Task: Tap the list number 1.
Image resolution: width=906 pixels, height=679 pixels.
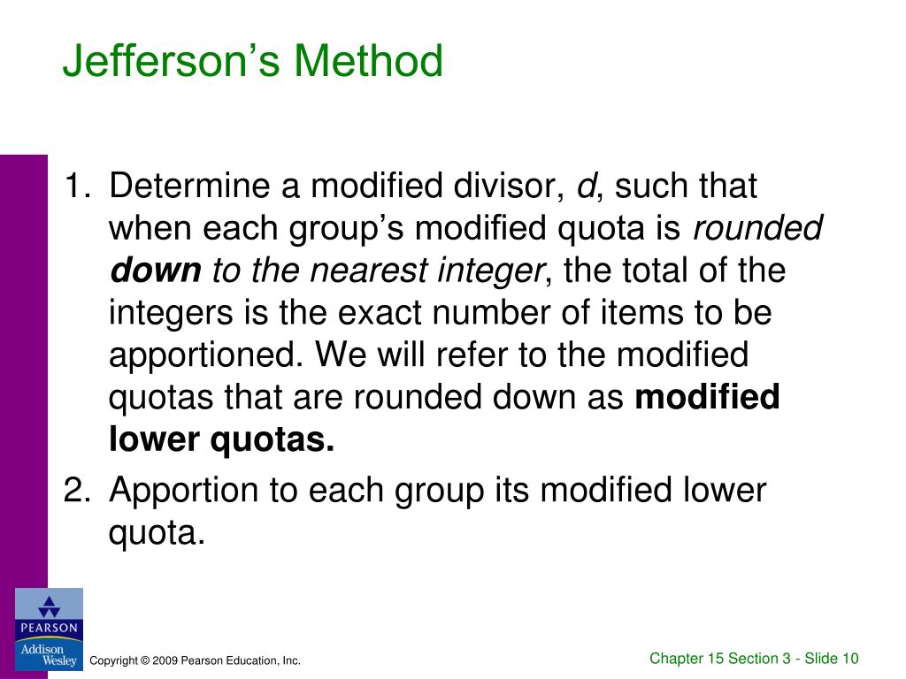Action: [74, 187]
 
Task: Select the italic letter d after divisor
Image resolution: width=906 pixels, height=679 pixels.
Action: [585, 187]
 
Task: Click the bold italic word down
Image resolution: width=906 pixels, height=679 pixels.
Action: [156, 271]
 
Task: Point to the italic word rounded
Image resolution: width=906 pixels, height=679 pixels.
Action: [757, 229]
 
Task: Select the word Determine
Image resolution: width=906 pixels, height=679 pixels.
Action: [188, 187]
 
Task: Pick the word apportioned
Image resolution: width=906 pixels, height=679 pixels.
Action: [207, 355]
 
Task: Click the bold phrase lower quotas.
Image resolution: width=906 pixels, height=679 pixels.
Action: [221, 439]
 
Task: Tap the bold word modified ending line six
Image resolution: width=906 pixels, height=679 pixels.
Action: [708, 398]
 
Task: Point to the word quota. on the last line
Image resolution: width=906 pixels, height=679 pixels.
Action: [157, 532]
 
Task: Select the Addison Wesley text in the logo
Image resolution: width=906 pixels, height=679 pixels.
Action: [49, 655]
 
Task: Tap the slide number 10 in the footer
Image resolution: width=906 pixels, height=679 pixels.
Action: [850, 658]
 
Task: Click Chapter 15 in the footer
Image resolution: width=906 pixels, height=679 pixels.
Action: [687, 658]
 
